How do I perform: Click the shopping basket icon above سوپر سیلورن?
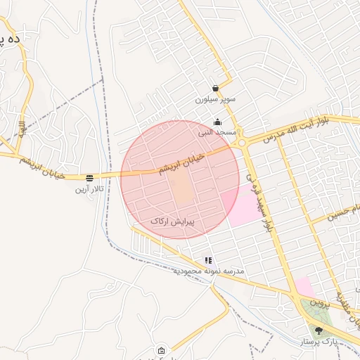click(215, 89)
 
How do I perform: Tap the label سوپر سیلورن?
click(215, 100)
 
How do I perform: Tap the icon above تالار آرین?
click(90, 179)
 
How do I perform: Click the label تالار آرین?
click(90, 189)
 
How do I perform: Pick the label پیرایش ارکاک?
click(172, 221)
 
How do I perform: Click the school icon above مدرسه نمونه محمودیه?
click(207, 260)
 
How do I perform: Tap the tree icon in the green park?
click(319, 330)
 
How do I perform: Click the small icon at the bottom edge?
click(162, 351)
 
